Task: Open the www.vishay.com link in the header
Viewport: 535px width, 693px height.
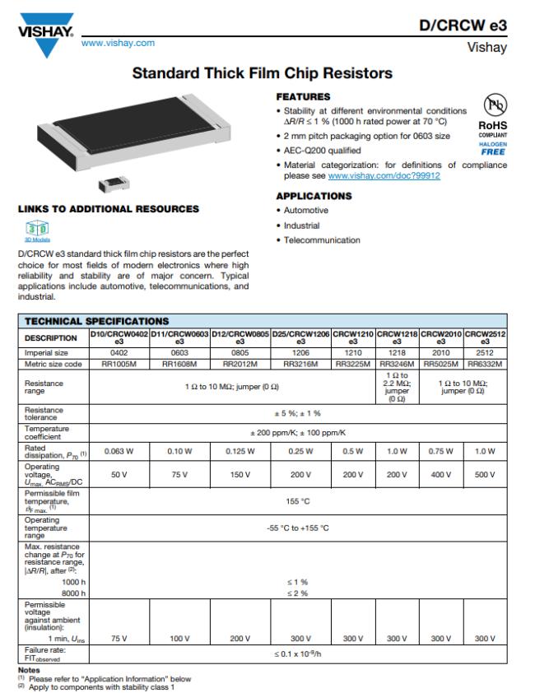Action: pyautogui.click(x=118, y=40)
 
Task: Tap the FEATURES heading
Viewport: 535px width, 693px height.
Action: pyautogui.click(x=302, y=96)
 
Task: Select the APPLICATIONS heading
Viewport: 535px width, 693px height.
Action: pyautogui.click(x=314, y=196)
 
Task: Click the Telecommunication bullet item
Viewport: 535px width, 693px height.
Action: pyautogui.click(x=322, y=240)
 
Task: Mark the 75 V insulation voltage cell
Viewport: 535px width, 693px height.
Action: pyautogui.click(x=118, y=638)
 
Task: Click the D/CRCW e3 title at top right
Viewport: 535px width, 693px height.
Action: pyautogui.click(x=463, y=26)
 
